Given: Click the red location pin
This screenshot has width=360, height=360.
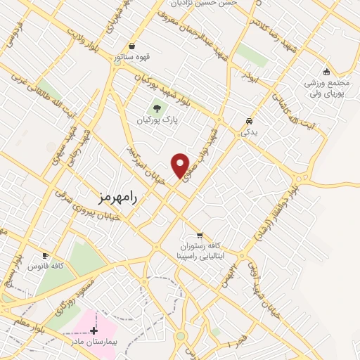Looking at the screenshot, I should point(181,165).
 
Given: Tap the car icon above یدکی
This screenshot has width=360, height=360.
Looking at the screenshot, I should point(249,120).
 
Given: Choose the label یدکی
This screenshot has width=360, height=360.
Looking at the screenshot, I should point(249,131).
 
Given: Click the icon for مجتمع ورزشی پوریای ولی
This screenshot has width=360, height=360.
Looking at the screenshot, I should point(326,71).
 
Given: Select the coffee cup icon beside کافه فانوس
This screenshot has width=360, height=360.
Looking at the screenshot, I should point(46,255).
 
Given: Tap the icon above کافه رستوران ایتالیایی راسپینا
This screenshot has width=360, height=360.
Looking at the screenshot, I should point(200,235).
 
